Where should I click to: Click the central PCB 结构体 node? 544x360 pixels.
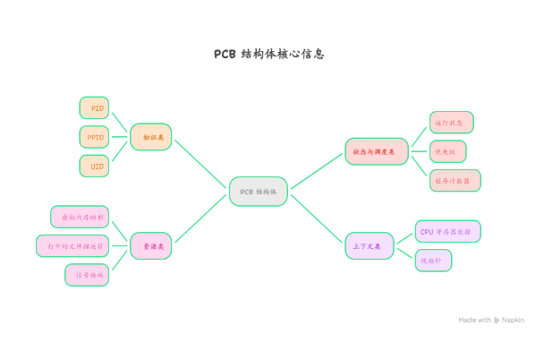pyautogui.click(x=259, y=192)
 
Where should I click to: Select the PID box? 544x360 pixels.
pyautogui.click(x=95, y=107)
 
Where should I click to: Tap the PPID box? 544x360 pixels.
pyautogui.click(x=95, y=137)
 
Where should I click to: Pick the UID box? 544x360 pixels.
pyautogui.click(x=95, y=166)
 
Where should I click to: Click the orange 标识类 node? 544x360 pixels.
pyautogui.click(x=151, y=137)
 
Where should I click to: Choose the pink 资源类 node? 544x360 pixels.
pyautogui.click(x=151, y=244)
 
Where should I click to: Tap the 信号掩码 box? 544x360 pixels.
pyautogui.click(x=87, y=274)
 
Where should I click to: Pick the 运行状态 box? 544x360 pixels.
pyautogui.click(x=451, y=122)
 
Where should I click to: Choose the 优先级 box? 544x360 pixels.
pyautogui.click(x=447, y=151)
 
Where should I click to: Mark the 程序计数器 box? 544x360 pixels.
pyautogui.click(x=455, y=180)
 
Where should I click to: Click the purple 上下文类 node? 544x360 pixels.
pyautogui.click(x=370, y=245)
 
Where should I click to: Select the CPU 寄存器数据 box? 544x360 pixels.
pyautogui.click(x=447, y=231)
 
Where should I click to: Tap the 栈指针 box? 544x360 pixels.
pyautogui.click(x=433, y=261)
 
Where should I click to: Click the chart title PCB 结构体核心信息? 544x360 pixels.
pyautogui.click(x=268, y=54)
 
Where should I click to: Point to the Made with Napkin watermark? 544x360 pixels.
pyautogui.click(x=491, y=320)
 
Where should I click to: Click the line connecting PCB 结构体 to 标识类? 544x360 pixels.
pyautogui.click(x=200, y=163)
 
